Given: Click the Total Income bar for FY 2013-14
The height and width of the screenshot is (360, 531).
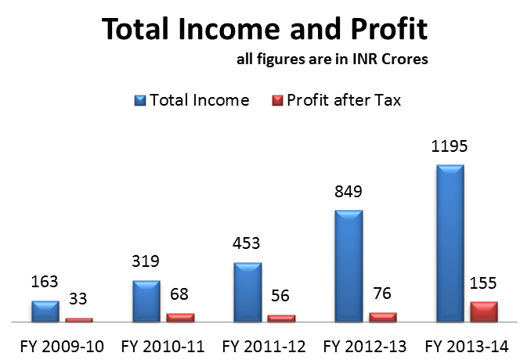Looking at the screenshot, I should coord(450,243).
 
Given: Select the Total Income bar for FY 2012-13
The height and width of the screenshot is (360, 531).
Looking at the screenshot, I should coord(349,265).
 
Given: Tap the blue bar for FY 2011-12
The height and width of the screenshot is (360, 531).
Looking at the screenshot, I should coord(247,291).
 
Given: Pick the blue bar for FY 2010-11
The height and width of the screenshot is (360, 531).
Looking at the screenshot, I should coord(146,301).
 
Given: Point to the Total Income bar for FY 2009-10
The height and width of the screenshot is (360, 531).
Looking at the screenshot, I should coord(45,311).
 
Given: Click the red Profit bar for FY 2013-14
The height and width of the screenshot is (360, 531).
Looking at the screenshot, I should coord(484,311).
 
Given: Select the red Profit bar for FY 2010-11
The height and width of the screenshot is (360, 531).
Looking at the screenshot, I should coord(180,317).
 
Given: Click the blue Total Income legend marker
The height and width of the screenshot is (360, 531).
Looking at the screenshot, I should coord(140,100).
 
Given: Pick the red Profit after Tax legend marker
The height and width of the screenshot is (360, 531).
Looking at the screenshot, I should coord(277,100).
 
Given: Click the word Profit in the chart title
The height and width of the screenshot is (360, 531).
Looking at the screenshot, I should coord(385,31).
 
